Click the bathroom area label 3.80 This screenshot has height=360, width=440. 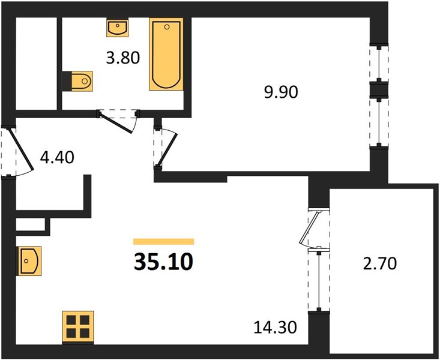(x=123, y=58)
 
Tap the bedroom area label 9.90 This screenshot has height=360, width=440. (x=281, y=92)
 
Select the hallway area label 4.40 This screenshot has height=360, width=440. (x=57, y=157)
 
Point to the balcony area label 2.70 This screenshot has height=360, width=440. (x=380, y=264)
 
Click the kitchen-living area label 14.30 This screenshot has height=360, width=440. (x=275, y=328)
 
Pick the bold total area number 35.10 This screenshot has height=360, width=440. (x=164, y=262)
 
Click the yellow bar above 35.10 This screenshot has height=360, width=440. (x=164, y=242)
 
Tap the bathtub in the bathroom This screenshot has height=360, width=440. (x=166, y=54)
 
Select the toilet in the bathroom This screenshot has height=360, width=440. (x=80, y=81)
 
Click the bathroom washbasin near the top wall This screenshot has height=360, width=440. (x=117, y=28)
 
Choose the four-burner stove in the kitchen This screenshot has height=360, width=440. (x=78, y=327)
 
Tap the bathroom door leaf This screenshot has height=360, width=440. (x=116, y=122)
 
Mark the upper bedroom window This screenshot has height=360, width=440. (x=379, y=64)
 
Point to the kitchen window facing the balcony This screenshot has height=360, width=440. (x=319, y=280)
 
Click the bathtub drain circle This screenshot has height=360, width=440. (x=167, y=27)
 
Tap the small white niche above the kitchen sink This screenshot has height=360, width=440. (x=30, y=224)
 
